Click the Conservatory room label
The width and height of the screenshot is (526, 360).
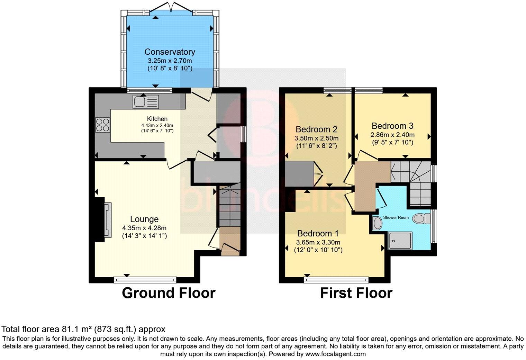170,52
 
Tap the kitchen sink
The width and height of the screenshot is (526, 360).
145,101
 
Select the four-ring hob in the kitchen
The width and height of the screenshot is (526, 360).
103,125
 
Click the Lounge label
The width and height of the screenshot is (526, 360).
144,219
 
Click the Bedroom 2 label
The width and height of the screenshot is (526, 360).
316,129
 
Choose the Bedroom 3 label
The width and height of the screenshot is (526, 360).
392,126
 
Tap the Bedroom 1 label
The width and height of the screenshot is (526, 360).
318,233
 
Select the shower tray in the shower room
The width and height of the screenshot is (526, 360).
400,241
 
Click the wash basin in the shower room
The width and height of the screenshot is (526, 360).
377,224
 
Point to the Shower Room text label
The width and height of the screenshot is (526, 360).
396,218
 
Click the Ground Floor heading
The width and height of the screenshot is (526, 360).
169,293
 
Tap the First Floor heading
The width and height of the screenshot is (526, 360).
356,293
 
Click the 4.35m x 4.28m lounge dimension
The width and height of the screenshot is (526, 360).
144,228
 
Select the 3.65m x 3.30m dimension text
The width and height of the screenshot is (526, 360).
318,242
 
